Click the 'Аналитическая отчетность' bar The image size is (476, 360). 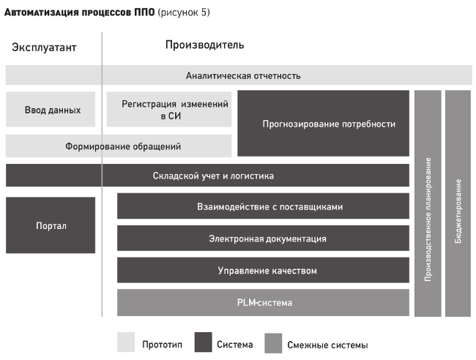[x=239, y=75]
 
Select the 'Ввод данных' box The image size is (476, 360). [x=51, y=109]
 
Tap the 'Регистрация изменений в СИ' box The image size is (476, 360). [x=168, y=109]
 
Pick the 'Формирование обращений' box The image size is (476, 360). [x=119, y=146]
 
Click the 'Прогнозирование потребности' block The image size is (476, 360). [x=323, y=124]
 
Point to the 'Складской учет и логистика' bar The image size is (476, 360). [x=207, y=176]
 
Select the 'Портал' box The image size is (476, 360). [x=51, y=225]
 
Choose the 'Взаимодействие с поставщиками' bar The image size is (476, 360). [x=263, y=206]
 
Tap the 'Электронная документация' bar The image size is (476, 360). [x=263, y=238]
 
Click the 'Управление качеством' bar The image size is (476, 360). [x=263, y=270]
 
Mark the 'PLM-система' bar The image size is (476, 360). [x=263, y=302]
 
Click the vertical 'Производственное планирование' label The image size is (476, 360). [x=428, y=220]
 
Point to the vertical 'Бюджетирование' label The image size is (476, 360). [x=458, y=211]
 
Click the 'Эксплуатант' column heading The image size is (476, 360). [x=44, y=48]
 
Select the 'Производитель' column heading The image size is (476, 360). [x=204, y=45]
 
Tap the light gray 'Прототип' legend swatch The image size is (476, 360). [x=126, y=342]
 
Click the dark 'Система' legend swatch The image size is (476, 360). [x=204, y=342]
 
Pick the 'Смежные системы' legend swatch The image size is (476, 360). [x=273, y=343]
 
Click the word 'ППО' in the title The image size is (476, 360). [x=144, y=12]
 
